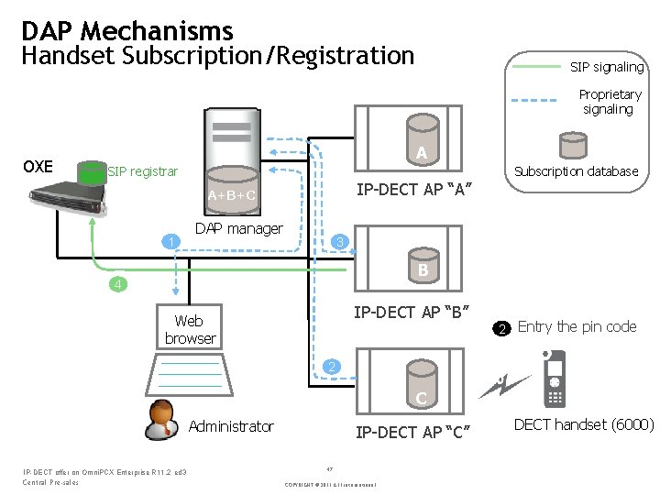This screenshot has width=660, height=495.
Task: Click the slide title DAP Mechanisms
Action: [x=127, y=31]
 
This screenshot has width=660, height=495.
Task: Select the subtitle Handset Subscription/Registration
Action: [x=218, y=57]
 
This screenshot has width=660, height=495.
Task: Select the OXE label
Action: [x=38, y=167]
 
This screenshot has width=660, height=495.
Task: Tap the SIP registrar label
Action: [x=142, y=171]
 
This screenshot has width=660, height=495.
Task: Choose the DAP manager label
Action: [x=239, y=229]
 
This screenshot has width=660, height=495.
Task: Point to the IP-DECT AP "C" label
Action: [x=412, y=433]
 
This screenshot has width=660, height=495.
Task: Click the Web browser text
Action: [x=190, y=329]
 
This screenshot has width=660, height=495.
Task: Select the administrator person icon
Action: [x=162, y=421]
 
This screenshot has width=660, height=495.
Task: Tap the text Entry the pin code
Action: [x=577, y=327]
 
